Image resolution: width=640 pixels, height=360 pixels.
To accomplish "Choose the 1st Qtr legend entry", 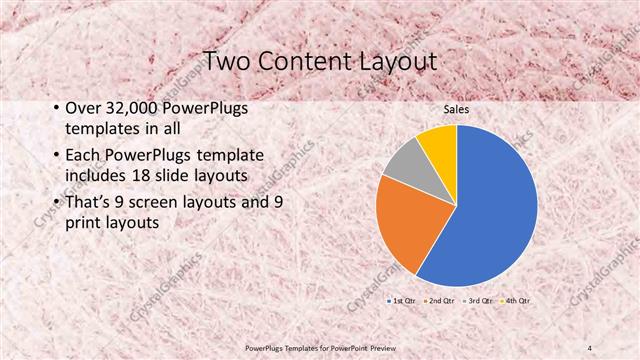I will coord(404,299).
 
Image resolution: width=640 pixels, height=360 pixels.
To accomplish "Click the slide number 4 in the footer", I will coord(590,347).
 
